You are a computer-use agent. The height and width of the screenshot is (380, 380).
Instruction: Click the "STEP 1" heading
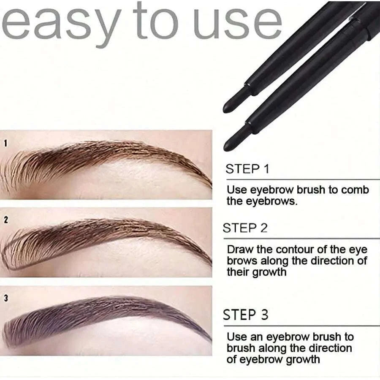(247, 169)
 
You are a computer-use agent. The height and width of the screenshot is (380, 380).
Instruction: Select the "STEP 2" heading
(245, 228)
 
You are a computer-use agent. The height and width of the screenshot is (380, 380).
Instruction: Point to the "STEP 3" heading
(246, 315)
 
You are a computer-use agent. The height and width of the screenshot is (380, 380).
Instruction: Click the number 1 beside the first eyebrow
(5, 144)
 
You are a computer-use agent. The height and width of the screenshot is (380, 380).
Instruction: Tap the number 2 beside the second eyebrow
(5, 220)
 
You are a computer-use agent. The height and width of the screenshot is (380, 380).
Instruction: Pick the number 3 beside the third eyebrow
(5, 299)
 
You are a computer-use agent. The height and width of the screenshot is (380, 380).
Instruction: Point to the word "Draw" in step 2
(240, 250)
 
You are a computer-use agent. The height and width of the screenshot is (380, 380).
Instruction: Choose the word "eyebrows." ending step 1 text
(262, 201)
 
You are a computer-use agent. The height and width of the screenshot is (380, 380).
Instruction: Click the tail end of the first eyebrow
(209, 184)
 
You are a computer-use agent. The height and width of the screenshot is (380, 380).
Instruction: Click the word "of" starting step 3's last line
(233, 359)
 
